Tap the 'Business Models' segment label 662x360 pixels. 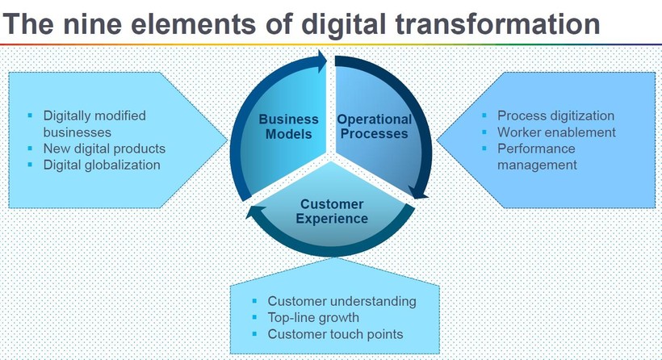[x=289, y=127]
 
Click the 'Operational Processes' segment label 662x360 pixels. [x=374, y=127]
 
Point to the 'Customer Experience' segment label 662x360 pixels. [x=332, y=211]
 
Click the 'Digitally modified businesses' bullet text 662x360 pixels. [x=94, y=123]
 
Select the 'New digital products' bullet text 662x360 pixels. [x=104, y=149]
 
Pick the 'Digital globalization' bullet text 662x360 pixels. [x=102, y=165]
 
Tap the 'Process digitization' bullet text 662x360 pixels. [x=555, y=115]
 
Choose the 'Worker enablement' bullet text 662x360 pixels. [x=556, y=132]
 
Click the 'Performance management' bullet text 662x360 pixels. [x=537, y=157]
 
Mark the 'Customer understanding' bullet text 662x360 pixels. [x=342, y=301]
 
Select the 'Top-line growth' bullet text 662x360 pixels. [x=313, y=317]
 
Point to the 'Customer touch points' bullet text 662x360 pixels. [x=335, y=334]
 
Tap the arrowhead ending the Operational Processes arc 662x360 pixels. [x=419, y=193]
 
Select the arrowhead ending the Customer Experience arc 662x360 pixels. [x=255, y=212]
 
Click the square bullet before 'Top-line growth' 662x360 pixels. [x=254, y=317]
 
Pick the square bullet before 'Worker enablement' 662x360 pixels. [x=484, y=132]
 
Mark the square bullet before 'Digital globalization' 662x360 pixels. [x=30, y=165]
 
